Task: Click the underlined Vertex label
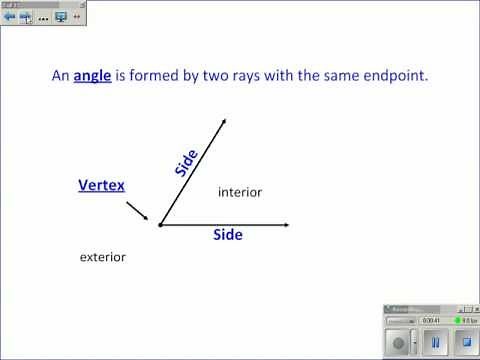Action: [101, 185]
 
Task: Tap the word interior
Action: [240, 192]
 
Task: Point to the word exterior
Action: [102, 257]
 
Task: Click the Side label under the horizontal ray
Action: [228, 235]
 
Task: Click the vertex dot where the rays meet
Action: [160, 225]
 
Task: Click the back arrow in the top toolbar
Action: [10, 17]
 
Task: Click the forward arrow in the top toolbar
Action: [25, 17]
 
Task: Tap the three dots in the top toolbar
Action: [43, 18]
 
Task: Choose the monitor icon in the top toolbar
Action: [61, 17]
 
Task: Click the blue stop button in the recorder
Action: [464, 342]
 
